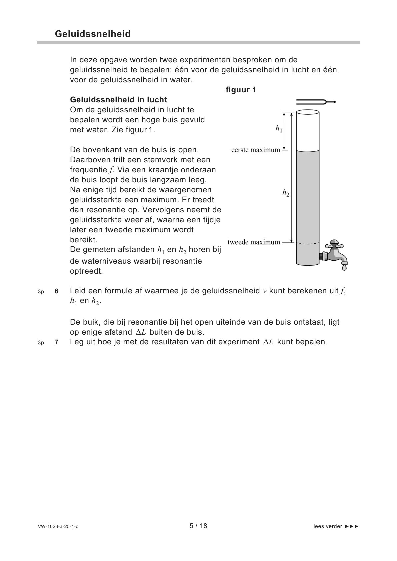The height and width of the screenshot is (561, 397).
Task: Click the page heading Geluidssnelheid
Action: click(x=93, y=34)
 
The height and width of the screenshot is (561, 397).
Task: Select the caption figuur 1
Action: click(x=241, y=90)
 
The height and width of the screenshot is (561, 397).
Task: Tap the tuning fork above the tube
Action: click(x=315, y=102)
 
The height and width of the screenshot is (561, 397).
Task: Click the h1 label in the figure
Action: click(x=279, y=128)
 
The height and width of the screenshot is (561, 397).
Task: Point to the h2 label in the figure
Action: click(x=286, y=192)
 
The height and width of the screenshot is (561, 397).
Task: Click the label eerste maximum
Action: click(x=255, y=150)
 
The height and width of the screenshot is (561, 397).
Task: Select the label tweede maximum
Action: click(x=254, y=242)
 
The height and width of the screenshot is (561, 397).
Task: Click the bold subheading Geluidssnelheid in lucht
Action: click(x=118, y=100)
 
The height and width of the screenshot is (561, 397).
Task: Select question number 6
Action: click(x=57, y=291)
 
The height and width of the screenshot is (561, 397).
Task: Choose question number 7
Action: click(x=57, y=342)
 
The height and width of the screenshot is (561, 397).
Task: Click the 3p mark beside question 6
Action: click(x=41, y=292)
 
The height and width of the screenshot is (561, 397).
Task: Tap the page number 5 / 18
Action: click(x=198, y=526)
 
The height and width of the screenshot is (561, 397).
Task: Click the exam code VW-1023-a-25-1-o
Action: click(x=58, y=526)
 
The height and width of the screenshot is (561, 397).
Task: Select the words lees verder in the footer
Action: click(x=328, y=526)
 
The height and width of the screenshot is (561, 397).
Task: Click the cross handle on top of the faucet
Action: click(x=334, y=242)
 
